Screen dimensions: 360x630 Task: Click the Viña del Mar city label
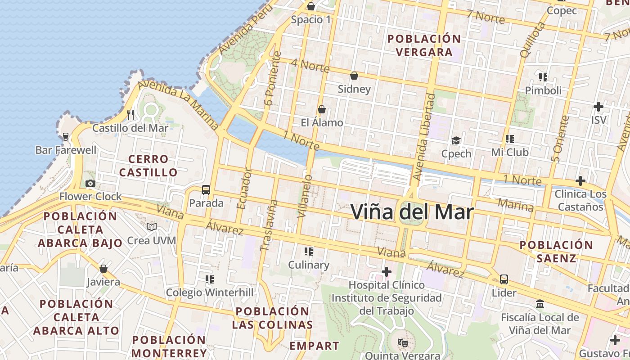[x=412, y=212]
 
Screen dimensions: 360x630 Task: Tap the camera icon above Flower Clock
[x=90, y=183]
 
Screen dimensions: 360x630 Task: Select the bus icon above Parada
[x=206, y=189]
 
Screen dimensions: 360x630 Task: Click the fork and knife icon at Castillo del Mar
[x=130, y=114]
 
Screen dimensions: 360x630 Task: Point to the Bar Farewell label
[x=66, y=150]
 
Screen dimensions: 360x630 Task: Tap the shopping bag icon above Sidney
[x=354, y=75]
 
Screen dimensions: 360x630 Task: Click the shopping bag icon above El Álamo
[x=322, y=109]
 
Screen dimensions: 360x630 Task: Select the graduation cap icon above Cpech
[x=456, y=140]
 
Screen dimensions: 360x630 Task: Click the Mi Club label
[x=509, y=152]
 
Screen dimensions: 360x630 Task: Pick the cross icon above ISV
[x=598, y=107]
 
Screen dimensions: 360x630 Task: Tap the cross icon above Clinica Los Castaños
[x=580, y=181]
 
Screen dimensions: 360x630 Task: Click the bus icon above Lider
[x=504, y=279]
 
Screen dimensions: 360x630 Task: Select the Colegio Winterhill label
[x=210, y=292]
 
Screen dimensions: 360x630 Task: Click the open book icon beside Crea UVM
[x=152, y=227]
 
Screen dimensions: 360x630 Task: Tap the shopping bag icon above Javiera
[x=103, y=269]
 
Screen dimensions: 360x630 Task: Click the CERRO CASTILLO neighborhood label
[x=148, y=166]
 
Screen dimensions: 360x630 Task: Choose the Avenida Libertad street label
[x=423, y=137]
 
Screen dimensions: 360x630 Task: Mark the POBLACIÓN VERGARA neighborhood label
[x=424, y=45]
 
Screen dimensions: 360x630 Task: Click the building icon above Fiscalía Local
[x=540, y=304]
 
